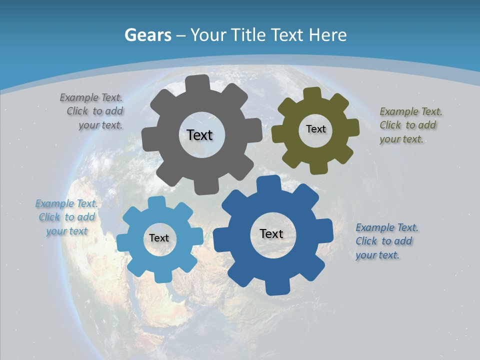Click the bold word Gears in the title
pyautogui.click(x=148, y=35)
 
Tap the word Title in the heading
pyautogui.click(x=248, y=35)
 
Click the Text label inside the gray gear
pyautogui.click(x=199, y=135)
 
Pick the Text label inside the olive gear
pyautogui.click(x=315, y=129)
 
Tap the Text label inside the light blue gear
pyautogui.click(x=158, y=238)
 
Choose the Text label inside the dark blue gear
pyautogui.click(x=271, y=233)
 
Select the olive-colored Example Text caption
pyautogui.click(x=410, y=125)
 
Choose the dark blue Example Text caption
pyautogui.click(x=386, y=241)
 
